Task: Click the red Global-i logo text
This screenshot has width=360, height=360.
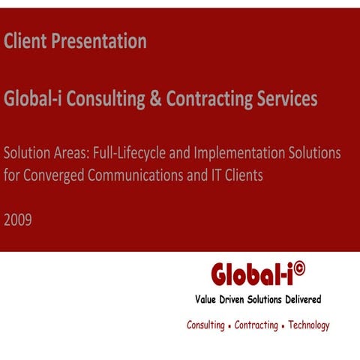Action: point(252,275)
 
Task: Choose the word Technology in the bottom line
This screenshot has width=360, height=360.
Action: point(305,325)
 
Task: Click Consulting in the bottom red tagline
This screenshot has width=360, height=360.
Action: point(205,325)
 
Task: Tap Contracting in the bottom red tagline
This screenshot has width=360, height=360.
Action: point(256,325)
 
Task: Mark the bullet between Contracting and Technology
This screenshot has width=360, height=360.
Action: point(281,327)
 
